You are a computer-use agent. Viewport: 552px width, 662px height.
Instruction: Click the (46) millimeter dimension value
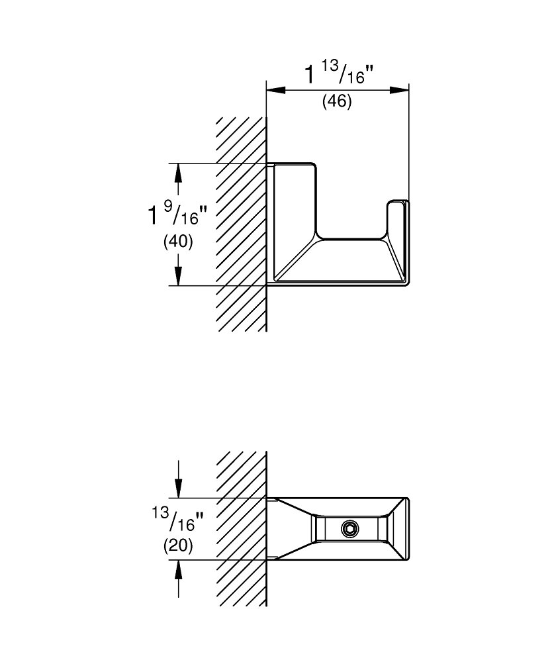336,102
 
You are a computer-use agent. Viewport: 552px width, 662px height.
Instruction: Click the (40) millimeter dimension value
178,242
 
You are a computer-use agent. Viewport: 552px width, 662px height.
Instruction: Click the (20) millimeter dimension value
178,546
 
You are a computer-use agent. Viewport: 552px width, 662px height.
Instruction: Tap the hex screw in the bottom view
349,529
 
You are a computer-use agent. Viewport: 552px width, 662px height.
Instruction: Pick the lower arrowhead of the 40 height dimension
178,277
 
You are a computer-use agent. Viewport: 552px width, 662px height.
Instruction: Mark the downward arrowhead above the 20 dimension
178,490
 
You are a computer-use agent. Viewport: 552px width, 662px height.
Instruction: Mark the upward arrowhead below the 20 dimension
178,569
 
